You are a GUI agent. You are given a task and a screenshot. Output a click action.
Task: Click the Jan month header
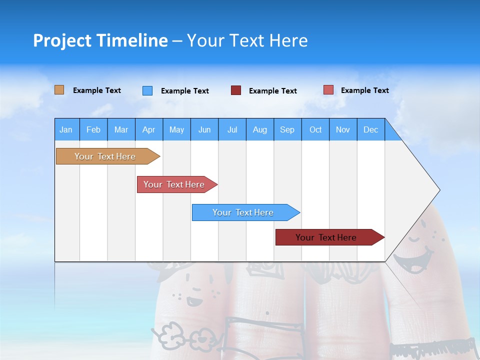point(66,129)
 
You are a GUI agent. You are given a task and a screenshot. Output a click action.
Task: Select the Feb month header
point(93,129)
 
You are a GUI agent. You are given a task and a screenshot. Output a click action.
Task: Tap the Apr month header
point(148,129)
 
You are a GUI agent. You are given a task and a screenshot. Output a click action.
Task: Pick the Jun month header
point(204,129)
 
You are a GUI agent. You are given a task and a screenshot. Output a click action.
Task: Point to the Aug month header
point(260,129)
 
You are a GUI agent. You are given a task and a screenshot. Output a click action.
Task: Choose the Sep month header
point(287,129)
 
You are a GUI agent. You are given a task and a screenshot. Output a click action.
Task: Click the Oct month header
point(315,129)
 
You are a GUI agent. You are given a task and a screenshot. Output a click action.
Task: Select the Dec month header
point(371,129)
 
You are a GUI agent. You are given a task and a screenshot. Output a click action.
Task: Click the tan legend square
point(59,90)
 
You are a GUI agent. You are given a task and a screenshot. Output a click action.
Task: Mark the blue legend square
point(147,90)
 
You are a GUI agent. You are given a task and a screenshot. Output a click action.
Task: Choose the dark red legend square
point(236,90)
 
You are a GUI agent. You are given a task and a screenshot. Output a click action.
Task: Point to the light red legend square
point(328,90)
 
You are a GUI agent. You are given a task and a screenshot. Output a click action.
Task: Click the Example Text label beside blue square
point(185,91)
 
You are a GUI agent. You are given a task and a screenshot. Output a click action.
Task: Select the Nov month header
point(343,129)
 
